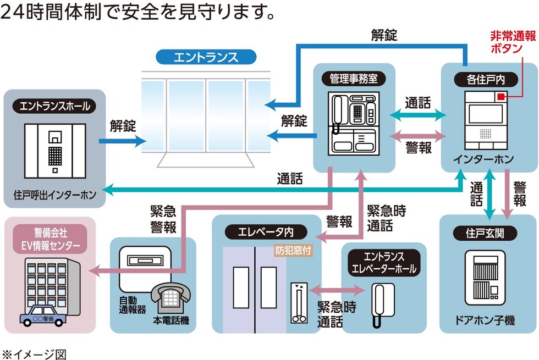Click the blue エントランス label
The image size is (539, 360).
206,57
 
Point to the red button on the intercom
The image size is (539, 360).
501,97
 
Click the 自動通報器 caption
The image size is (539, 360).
133,305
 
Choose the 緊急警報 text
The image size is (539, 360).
163,219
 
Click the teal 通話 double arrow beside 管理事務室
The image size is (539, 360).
419,115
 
